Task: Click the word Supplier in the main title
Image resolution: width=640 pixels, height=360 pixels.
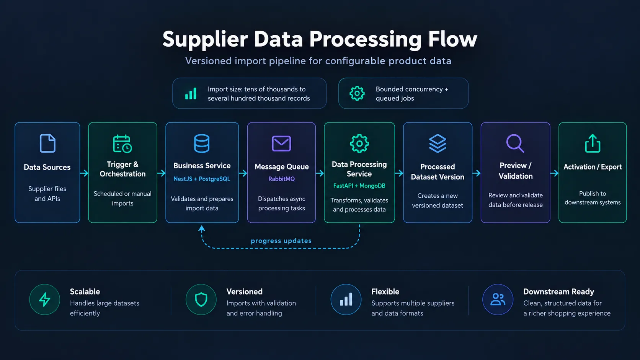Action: pyautogui.click(x=205, y=39)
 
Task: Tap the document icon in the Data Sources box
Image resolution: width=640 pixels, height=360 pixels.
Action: pyautogui.click(x=47, y=143)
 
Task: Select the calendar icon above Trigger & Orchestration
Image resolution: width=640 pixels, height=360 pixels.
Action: pyautogui.click(x=122, y=143)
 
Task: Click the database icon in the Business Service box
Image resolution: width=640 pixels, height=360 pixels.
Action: pyautogui.click(x=202, y=143)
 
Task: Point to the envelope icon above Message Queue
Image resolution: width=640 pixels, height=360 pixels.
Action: pyautogui.click(x=281, y=143)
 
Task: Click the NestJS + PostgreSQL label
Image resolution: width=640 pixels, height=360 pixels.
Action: pyautogui.click(x=202, y=179)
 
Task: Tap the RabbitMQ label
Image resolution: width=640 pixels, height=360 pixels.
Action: pyautogui.click(x=281, y=179)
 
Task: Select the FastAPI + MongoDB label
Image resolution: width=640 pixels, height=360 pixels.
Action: pyautogui.click(x=359, y=186)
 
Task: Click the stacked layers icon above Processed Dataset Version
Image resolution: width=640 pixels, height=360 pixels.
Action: pyautogui.click(x=438, y=143)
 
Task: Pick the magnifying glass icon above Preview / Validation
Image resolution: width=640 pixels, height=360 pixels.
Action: pyautogui.click(x=515, y=143)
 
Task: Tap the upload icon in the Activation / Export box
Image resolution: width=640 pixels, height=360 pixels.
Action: pyautogui.click(x=592, y=143)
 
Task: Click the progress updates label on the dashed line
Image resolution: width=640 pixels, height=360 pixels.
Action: pyautogui.click(x=281, y=241)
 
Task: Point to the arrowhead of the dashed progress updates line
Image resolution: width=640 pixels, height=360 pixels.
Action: pyautogui.click(x=202, y=228)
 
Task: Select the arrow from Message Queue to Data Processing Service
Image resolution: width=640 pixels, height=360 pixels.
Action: pyautogui.click(x=320, y=173)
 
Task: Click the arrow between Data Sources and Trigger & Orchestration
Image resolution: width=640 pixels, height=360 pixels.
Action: pyautogui.click(x=84, y=173)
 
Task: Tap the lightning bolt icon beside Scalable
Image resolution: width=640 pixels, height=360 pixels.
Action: pyautogui.click(x=44, y=300)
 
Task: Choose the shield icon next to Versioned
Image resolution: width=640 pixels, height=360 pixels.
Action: pyautogui.click(x=201, y=300)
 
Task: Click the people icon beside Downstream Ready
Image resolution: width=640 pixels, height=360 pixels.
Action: pyautogui.click(x=498, y=300)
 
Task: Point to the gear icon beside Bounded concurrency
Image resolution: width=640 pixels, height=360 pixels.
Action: pyautogui.click(x=357, y=93)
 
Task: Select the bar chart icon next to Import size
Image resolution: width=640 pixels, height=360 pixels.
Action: pyautogui.click(x=191, y=93)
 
